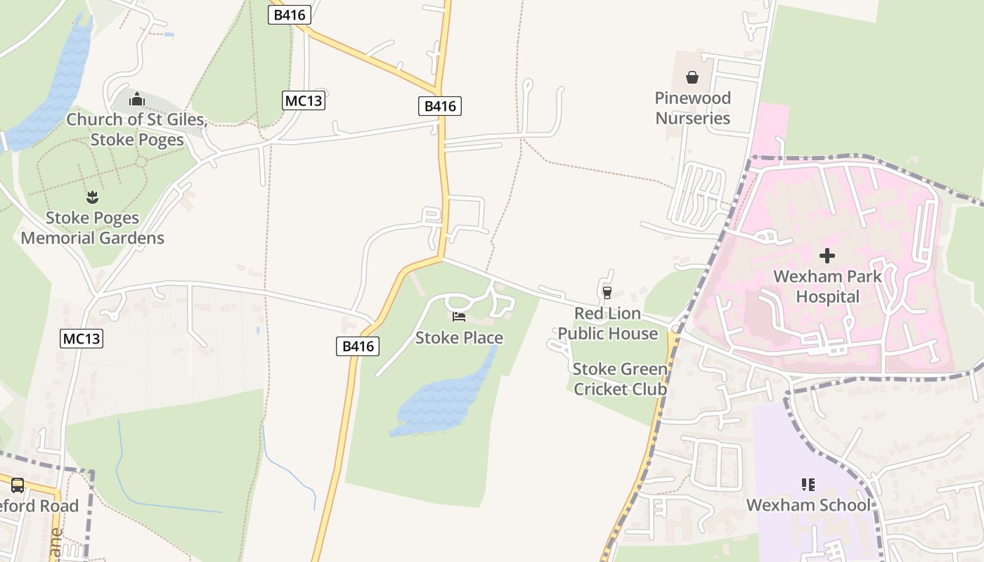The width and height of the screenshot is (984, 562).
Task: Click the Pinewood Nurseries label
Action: (692, 107)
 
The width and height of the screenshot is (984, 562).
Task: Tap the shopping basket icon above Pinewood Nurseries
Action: (692, 77)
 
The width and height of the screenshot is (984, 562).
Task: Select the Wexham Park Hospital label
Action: (827, 286)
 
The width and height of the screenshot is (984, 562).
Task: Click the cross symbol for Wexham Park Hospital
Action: (827, 256)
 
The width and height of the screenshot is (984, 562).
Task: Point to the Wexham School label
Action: (808, 505)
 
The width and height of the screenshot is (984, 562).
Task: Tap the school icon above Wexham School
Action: (808, 484)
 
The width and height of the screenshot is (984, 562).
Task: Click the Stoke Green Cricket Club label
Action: (619, 379)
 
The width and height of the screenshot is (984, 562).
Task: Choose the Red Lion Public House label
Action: (608, 323)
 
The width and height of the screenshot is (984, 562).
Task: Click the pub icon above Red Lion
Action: (607, 292)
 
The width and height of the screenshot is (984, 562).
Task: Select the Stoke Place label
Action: (459, 338)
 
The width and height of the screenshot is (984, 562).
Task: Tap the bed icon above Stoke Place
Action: (459, 317)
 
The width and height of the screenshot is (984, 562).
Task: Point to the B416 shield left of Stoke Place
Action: (358, 346)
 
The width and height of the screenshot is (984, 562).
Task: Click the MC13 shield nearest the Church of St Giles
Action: (304, 100)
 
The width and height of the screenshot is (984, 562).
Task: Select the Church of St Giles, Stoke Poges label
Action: (137, 129)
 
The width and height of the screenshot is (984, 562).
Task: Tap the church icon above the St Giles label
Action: (137, 99)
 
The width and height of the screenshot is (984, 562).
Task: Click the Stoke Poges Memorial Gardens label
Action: (92, 228)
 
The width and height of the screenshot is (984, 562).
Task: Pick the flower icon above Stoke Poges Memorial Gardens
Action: (92, 197)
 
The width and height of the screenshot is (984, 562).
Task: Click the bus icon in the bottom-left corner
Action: (18, 485)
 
